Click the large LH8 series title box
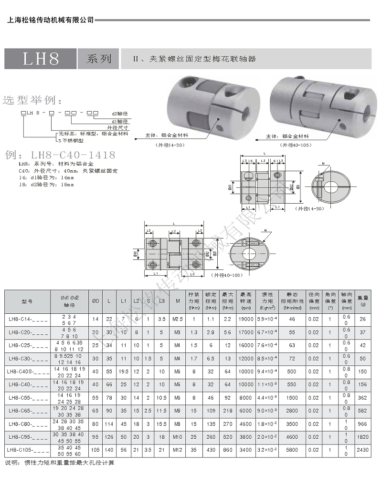[x=41, y=59]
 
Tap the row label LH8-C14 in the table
[x=27, y=319]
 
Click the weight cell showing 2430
[x=362, y=449]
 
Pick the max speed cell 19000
[x=246, y=319]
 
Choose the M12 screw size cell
[x=178, y=449]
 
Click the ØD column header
[x=95, y=301]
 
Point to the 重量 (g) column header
[x=362, y=301]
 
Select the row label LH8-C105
[x=27, y=449]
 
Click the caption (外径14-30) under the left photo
[x=169, y=144]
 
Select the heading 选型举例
[x=32, y=101]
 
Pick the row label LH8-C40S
[x=27, y=371]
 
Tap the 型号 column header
[x=27, y=301]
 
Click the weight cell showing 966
[x=362, y=423]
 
